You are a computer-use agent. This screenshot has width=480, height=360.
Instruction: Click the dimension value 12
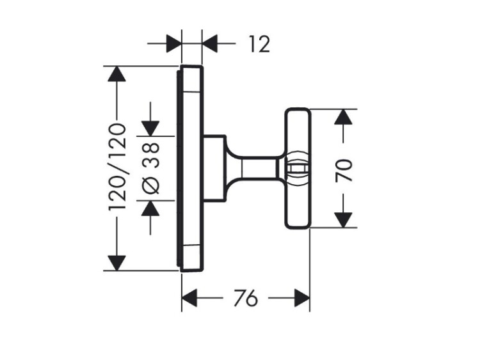(259, 44)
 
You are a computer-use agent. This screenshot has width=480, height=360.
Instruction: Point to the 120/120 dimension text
(116, 168)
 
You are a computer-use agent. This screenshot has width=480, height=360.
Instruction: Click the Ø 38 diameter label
(151, 168)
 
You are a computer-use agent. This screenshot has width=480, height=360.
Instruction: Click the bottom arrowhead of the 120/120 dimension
(116, 262)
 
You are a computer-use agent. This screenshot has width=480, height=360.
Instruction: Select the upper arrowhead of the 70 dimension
(344, 117)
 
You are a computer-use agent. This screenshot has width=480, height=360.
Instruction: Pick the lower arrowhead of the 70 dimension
(344, 219)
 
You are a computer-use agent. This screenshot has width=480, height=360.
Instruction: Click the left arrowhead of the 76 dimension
(190, 298)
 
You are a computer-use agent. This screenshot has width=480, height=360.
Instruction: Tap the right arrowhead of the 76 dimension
(302, 298)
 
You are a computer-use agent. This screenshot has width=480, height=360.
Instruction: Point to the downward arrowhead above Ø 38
(151, 127)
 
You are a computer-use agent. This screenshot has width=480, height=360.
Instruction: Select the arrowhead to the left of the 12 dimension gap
(173, 44)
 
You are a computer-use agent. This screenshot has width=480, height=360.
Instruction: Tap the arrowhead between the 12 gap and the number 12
(211, 44)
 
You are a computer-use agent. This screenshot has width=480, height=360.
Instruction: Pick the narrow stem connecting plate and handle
(253, 168)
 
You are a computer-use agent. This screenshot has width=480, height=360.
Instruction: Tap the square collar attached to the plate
(214, 168)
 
